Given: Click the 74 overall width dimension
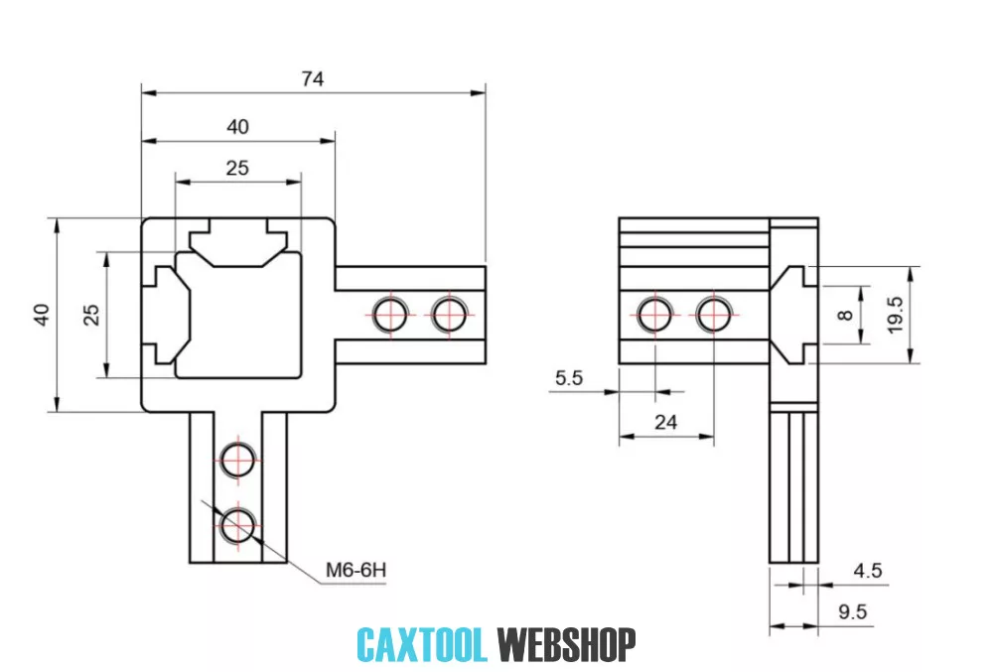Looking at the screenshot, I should [x=313, y=78].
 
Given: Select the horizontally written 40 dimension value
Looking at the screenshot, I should [x=237, y=126].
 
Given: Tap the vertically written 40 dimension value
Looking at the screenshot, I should [x=41, y=314].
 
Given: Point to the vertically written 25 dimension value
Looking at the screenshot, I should [x=90, y=314].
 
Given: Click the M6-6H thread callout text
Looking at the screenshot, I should [x=355, y=571].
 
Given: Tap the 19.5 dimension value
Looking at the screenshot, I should [x=896, y=315].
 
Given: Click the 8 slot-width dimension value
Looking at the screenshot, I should [x=845, y=315].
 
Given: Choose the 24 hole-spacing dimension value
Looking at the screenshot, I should [x=665, y=422].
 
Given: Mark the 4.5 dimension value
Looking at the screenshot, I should [x=867, y=571].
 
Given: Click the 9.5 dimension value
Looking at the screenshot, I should [x=852, y=611].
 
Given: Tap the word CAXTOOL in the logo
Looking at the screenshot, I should [x=422, y=645].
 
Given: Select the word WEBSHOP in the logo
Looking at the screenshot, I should [x=566, y=645].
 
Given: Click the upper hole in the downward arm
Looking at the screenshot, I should [x=238, y=459].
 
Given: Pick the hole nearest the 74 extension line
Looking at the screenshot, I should [x=450, y=314].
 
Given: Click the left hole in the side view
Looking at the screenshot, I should [x=655, y=314].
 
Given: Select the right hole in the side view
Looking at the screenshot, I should [x=713, y=314].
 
